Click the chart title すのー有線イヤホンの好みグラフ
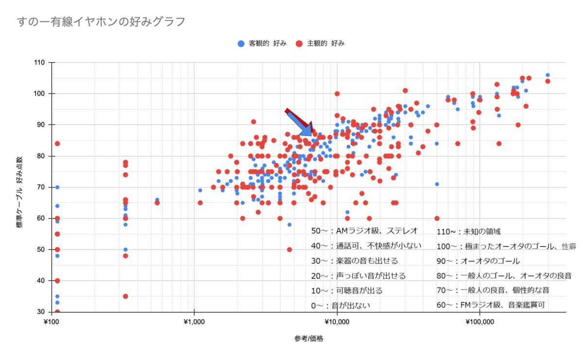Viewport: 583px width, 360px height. [x=101, y=22]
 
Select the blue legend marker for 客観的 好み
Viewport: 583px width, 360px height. [x=241, y=44]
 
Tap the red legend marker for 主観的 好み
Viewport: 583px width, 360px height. [x=299, y=44]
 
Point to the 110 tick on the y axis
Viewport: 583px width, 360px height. [x=39, y=63]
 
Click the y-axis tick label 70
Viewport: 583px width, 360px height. [x=41, y=187]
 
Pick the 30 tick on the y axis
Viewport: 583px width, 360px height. [x=41, y=311]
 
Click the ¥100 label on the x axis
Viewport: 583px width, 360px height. [x=51, y=322]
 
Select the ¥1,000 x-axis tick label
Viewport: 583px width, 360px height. [x=194, y=322]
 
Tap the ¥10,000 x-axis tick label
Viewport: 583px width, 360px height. [x=337, y=322]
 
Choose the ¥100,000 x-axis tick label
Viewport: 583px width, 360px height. [x=480, y=322]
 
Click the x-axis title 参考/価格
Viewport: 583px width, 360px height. [x=309, y=339]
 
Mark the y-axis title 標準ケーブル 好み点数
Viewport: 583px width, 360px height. [x=20, y=192]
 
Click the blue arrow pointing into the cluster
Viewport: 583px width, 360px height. [x=300, y=124]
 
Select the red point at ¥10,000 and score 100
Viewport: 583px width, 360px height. [x=337, y=94]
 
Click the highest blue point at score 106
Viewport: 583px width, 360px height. [x=548, y=75]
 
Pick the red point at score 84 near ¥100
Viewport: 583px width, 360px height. [x=57, y=144]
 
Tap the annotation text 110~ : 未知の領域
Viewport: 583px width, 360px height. [x=468, y=232]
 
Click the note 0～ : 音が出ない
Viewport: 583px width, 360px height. [x=341, y=306]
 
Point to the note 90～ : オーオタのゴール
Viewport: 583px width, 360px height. [x=478, y=261]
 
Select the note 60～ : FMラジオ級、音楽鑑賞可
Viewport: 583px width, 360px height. [x=491, y=305]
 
